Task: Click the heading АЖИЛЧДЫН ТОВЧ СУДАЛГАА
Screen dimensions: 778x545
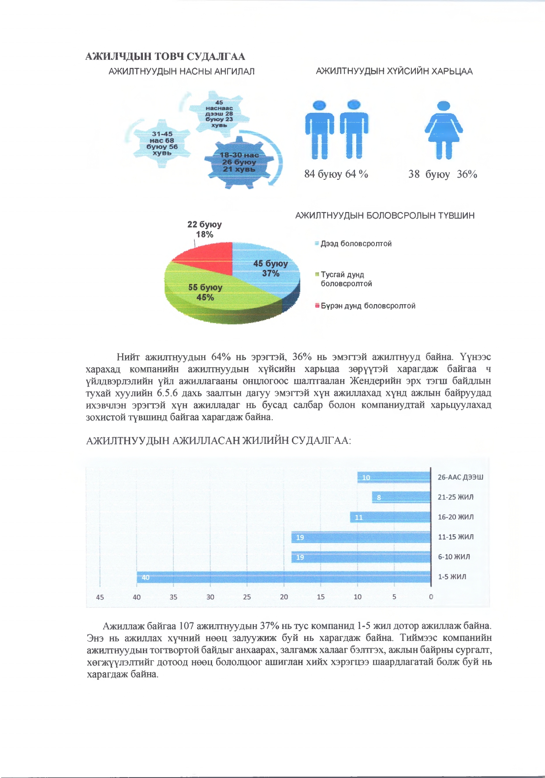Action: [165, 56]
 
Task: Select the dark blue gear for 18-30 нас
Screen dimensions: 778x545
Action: [239, 162]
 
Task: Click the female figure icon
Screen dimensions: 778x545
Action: [444, 130]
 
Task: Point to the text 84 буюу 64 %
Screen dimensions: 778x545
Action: [336, 174]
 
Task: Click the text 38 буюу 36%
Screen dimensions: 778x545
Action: [442, 174]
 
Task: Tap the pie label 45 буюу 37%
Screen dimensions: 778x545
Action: [270, 268]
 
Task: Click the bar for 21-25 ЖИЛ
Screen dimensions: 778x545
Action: [401, 497]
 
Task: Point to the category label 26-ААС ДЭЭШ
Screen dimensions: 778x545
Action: [460, 477]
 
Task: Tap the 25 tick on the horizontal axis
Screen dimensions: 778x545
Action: [247, 597]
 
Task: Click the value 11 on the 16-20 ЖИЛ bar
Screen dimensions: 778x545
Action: [359, 517]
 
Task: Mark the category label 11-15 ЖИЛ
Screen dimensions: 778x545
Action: [455, 537]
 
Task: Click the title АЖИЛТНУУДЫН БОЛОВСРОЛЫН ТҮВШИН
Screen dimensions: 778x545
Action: [384, 216]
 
